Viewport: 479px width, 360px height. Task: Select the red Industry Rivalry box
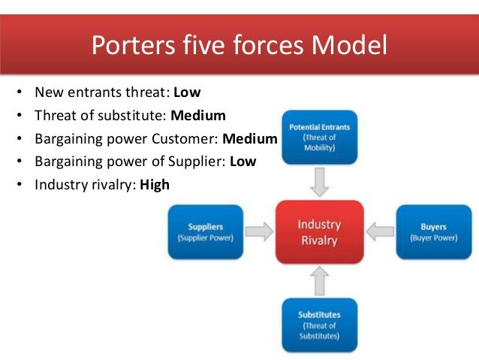coord(319,232)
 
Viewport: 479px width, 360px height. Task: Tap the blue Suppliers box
coord(205,231)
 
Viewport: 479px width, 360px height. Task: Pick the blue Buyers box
coord(433,231)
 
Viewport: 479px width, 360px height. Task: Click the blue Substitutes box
coord(319,325)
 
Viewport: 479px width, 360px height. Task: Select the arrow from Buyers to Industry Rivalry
coord(378,232)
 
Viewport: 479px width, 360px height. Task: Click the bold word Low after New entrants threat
coord(188,93)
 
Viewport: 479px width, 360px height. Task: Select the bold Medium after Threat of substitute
coord(197,116)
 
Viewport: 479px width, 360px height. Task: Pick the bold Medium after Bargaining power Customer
coord(250,138)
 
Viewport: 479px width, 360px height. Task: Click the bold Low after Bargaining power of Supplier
coord(243,161)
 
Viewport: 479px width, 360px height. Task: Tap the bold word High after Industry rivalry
coord(155,183)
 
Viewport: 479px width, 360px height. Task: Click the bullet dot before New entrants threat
coord(17,94)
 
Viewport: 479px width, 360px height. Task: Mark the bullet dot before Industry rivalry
coord(17,184)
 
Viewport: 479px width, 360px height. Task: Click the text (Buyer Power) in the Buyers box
coord(433,238)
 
